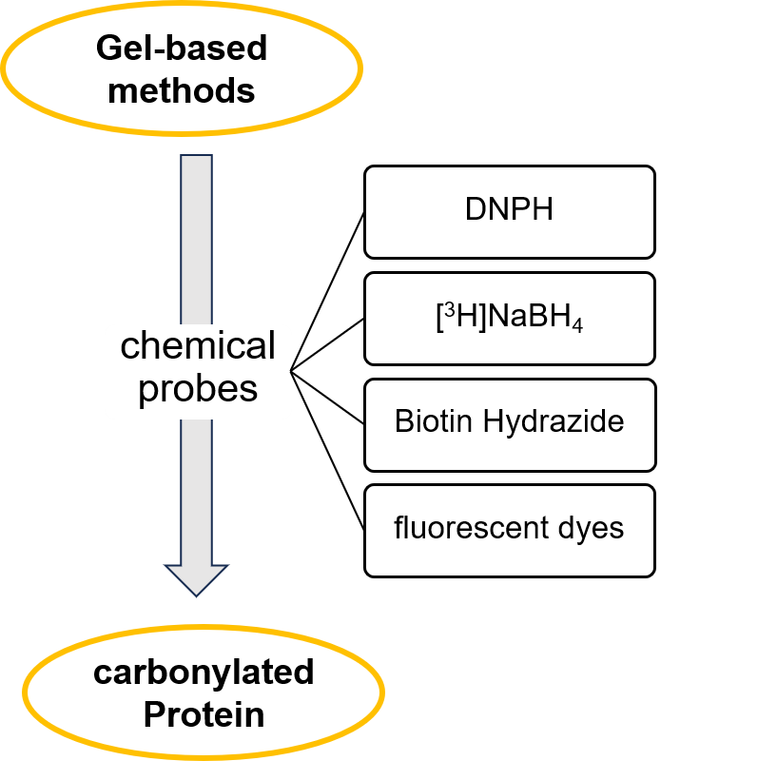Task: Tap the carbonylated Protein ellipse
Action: click(204, 693)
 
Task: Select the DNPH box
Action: click(509, 212)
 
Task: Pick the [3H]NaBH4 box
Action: click(509, 319)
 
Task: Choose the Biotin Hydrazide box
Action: click(509, 424)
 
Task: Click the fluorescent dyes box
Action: click(509, 530)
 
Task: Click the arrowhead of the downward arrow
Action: click(197, 578)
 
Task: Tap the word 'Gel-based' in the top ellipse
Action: click(181, 48)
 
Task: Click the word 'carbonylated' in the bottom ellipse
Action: click(204, 672)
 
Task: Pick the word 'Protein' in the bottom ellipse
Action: click(204, 714)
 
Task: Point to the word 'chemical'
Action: click(198, 346)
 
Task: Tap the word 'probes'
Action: click(198, 389)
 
